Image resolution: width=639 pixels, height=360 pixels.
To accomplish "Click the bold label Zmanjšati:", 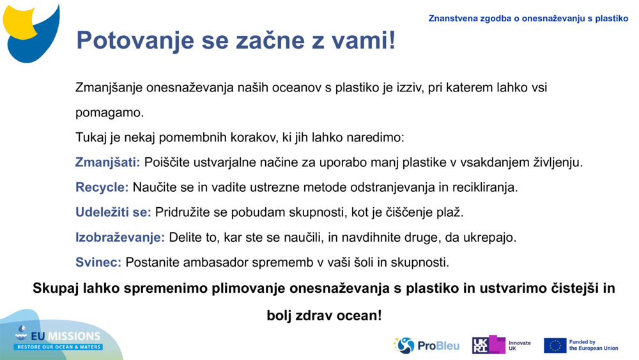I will point(107,162).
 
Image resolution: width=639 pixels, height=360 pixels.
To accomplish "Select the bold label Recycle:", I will point(102,187).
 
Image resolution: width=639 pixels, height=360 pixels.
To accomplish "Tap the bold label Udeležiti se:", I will point(113,212).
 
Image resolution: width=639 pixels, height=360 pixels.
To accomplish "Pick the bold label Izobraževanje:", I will point(120,237).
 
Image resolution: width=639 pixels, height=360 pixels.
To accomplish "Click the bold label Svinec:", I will point(98,262).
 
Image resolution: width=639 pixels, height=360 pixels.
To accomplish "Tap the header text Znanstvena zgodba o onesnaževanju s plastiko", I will point(528,19).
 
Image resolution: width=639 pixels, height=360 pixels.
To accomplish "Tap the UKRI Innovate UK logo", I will point(501,345).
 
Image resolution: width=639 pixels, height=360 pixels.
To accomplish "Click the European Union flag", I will point(555,345).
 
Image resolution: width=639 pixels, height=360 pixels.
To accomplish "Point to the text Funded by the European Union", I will point(593,345).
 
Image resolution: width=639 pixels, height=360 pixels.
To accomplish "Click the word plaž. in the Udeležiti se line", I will point(450,212).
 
